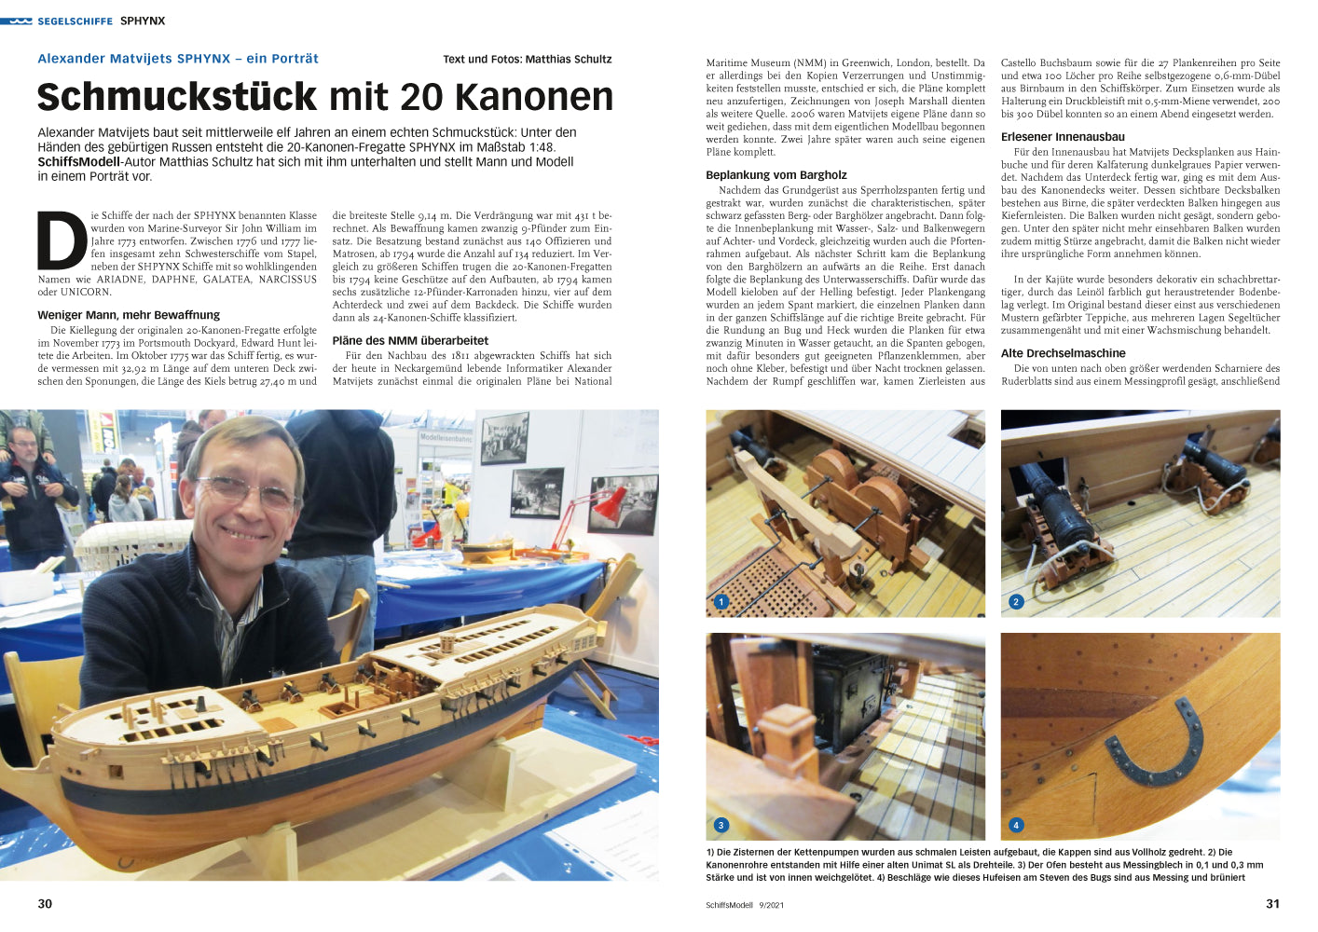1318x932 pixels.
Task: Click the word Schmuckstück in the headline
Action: [x=177, y=97]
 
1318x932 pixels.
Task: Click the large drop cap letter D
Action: [x=62, y=241]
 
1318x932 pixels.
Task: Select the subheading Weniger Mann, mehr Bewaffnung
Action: [x=129, y=315]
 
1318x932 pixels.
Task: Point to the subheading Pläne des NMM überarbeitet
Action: [x=410, y=341]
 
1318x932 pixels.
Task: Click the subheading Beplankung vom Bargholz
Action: [x=776, y=175]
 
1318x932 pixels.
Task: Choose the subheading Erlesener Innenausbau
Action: [x=1063, y=137]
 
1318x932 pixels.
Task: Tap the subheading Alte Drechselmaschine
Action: [x=1063, y=353]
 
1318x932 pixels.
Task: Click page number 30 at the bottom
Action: [x=45, y=904]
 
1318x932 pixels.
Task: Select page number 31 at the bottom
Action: [x=1272, y=904]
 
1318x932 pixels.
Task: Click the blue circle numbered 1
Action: [x=721, y=602]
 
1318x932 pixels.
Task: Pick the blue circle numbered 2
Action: [x=1016, y=602]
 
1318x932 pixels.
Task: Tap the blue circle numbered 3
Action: [x=721, y=825]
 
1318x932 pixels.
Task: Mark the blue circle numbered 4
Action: [x=1016, y=825]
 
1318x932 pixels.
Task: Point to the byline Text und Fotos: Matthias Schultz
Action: [x=528, y=60]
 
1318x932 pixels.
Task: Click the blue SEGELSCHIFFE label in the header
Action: [x=75, y=21]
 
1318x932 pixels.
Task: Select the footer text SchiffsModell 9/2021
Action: [x=745, y=905]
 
